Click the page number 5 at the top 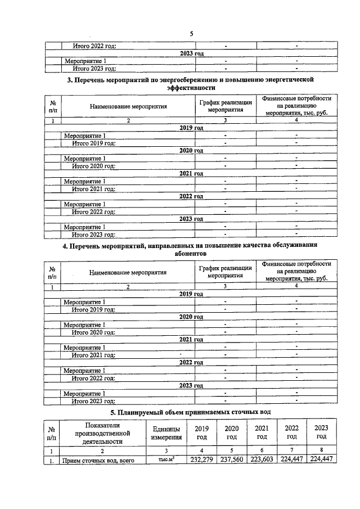(x=191, y=34)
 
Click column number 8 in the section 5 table (x=321, y=451)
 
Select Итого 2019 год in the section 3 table (x=93, y=143)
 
